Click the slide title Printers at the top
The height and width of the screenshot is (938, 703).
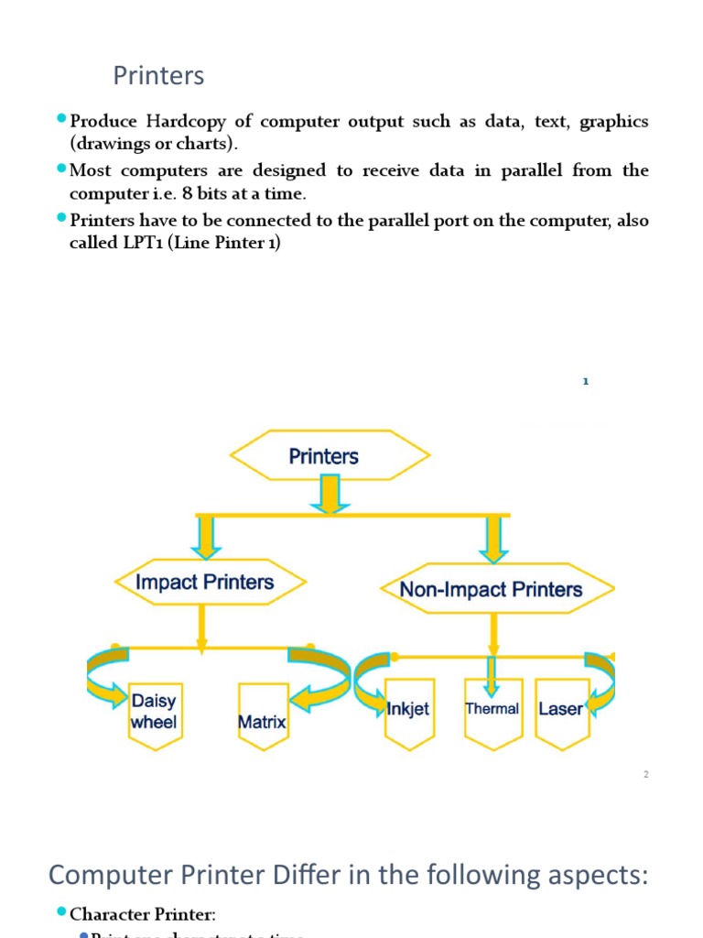click(x=158, y=76)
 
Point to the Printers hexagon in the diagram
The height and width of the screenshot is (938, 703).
click(x=324, y=456)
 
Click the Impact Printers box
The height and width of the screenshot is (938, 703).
click(x=204, y=583)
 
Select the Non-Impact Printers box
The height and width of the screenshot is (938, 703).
click(x=491, y=589)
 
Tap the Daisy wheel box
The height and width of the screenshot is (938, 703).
click(x=154, y=713)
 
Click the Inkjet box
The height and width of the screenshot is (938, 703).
click(x=408, y=710)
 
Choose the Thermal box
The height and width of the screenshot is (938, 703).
click(x=492, y=709)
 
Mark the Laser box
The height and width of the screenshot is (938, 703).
click(x=560, y=710)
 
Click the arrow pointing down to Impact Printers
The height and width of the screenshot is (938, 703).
click(x=205, y=537)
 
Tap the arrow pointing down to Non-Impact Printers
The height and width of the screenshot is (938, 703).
click(x=493, y=539)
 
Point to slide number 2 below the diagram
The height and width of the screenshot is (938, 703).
click(x=645, y=775)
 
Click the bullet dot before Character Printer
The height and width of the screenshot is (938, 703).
click(x=61, y=911)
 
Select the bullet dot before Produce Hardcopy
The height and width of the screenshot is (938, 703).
click(x=61, y=119)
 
